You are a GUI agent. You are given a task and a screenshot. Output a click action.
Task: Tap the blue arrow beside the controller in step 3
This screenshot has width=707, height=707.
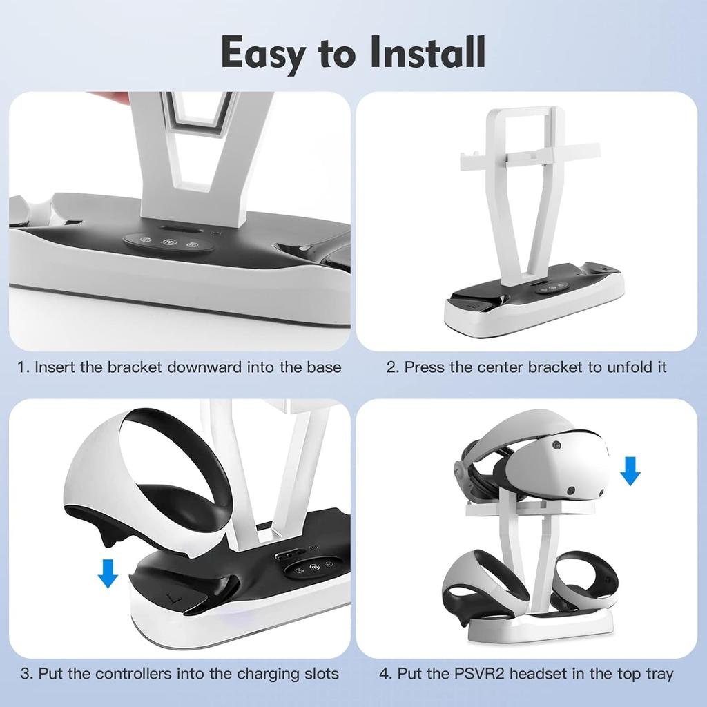(x=108, y=573)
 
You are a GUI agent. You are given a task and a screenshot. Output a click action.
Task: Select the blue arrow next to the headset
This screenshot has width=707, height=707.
(x=630, y=470)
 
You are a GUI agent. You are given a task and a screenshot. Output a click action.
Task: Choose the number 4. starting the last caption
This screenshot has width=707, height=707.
(x=385, y=673)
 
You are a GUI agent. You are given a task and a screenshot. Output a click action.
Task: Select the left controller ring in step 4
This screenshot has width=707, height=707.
(x=476, y=587)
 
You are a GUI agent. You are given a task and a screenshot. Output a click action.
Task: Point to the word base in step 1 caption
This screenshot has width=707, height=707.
(x=325, y=367)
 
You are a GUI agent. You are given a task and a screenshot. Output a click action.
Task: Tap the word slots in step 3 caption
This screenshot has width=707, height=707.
(x=320, y=673)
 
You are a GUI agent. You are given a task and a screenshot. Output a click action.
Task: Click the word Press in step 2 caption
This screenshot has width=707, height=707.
(x=424, y=367)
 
